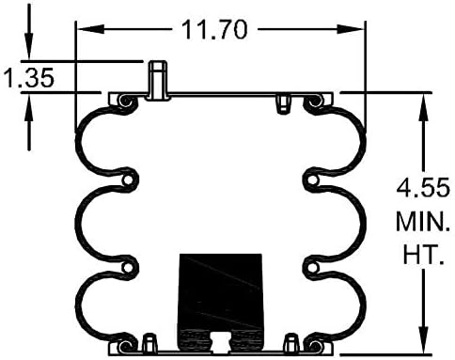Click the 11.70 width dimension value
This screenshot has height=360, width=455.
point(214,29)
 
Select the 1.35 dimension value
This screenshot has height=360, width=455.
point(29,78)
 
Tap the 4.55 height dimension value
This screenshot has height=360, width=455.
point(423,188)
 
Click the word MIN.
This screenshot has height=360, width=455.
point(423,222)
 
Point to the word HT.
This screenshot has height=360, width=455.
point(423,255)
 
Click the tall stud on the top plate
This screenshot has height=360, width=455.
point(158,80)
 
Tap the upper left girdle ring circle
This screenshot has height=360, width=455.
point(128,180)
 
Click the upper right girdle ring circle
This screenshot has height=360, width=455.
point(313,180)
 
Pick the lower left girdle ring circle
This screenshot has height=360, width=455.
point(128,268)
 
